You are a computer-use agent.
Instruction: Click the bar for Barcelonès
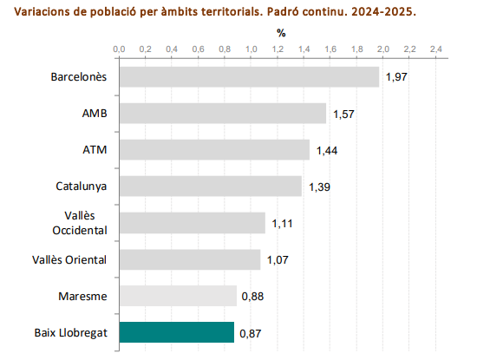249,76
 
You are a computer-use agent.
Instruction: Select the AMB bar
223,113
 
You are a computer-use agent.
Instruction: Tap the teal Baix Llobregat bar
177,332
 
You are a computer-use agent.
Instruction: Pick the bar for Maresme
178,296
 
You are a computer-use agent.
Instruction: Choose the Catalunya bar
211,187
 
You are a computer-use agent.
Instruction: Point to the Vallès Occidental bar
193,223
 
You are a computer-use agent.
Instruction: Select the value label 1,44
326,150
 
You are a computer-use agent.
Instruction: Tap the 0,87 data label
250,333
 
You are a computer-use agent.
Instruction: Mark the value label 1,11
283,224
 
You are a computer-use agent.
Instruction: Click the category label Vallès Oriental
69,259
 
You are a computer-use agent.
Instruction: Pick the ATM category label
95,150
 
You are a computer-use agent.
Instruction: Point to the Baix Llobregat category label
71,332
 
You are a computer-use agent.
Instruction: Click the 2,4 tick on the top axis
435,49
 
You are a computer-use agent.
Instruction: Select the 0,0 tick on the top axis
120,49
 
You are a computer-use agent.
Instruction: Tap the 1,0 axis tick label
252,49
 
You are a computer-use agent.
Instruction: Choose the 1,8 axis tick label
356,49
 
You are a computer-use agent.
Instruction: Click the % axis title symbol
281,33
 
